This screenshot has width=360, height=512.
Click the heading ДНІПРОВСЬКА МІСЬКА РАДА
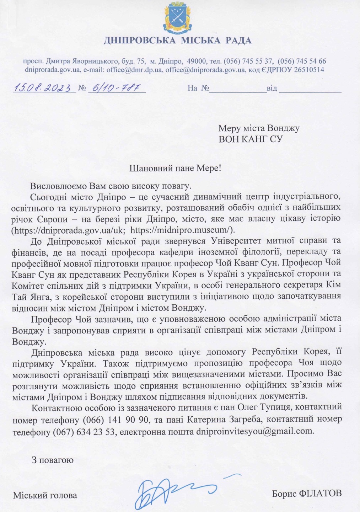(178, 40)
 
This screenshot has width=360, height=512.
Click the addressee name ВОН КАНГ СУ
(250, 139)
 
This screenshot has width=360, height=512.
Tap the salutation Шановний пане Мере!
(174, 168)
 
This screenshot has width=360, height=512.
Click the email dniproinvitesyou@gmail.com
(255, 432)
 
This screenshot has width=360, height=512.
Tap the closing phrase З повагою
(53, 460)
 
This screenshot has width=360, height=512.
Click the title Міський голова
(45, 495)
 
